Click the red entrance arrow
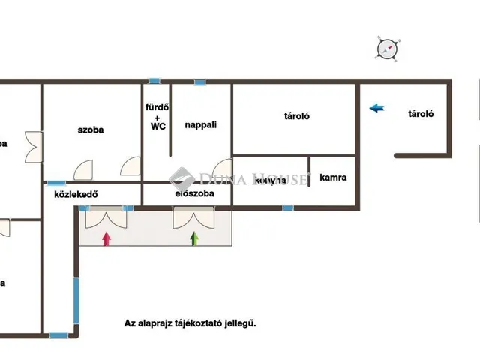tap(106, 238)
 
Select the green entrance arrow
tap(195, 238)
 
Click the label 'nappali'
tap(201, 125)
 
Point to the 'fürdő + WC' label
tap(157, 116)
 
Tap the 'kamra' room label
tap(332, 178)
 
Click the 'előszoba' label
tap(194, 193)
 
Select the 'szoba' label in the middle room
tap(91, 130)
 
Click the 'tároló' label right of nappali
tap(297, 116)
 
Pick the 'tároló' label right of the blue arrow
tap(421, 115)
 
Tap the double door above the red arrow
tap(106, 218)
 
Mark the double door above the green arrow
tap(193, 218)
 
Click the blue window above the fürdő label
tap(154, 81)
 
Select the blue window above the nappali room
tap(200, 82)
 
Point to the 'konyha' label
tap(271, 181)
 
